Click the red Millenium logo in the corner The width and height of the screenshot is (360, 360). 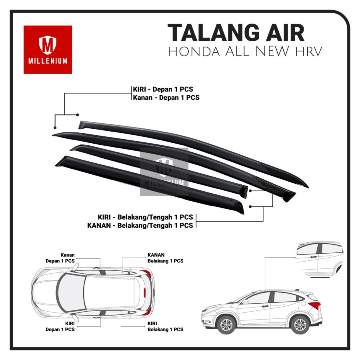click(x=48, y=50)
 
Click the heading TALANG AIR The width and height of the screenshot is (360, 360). click(x=236, y=33)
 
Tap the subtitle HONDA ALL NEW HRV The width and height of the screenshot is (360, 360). click(x=245, y=52)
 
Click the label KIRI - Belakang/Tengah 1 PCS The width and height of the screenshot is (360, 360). click(x=145, y=217)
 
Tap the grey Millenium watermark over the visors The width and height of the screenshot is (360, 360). click(x=164, y=172)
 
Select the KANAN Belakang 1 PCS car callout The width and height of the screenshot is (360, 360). click(x=165, y=258)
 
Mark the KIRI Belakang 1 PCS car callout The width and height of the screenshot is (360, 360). click(x=165, y=326)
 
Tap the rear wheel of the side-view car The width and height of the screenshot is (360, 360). click(x=299, y=324)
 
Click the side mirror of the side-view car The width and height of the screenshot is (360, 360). click(x=245, y=302)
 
